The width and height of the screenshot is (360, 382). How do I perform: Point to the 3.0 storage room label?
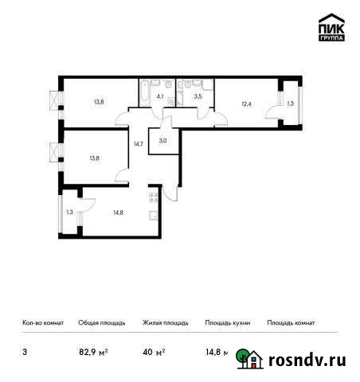(162, 141)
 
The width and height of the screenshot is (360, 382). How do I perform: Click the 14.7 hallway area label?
(138, 143)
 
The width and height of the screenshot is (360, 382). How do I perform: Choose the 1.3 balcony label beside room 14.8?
(70, 211)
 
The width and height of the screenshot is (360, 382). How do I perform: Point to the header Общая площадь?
(101, 322)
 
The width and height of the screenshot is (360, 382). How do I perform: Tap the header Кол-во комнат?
(41, 322)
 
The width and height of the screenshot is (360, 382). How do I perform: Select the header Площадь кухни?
(227, 322)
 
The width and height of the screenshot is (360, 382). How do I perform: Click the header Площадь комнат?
(291, 322)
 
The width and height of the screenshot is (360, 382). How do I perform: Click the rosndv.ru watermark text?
(306, 361)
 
